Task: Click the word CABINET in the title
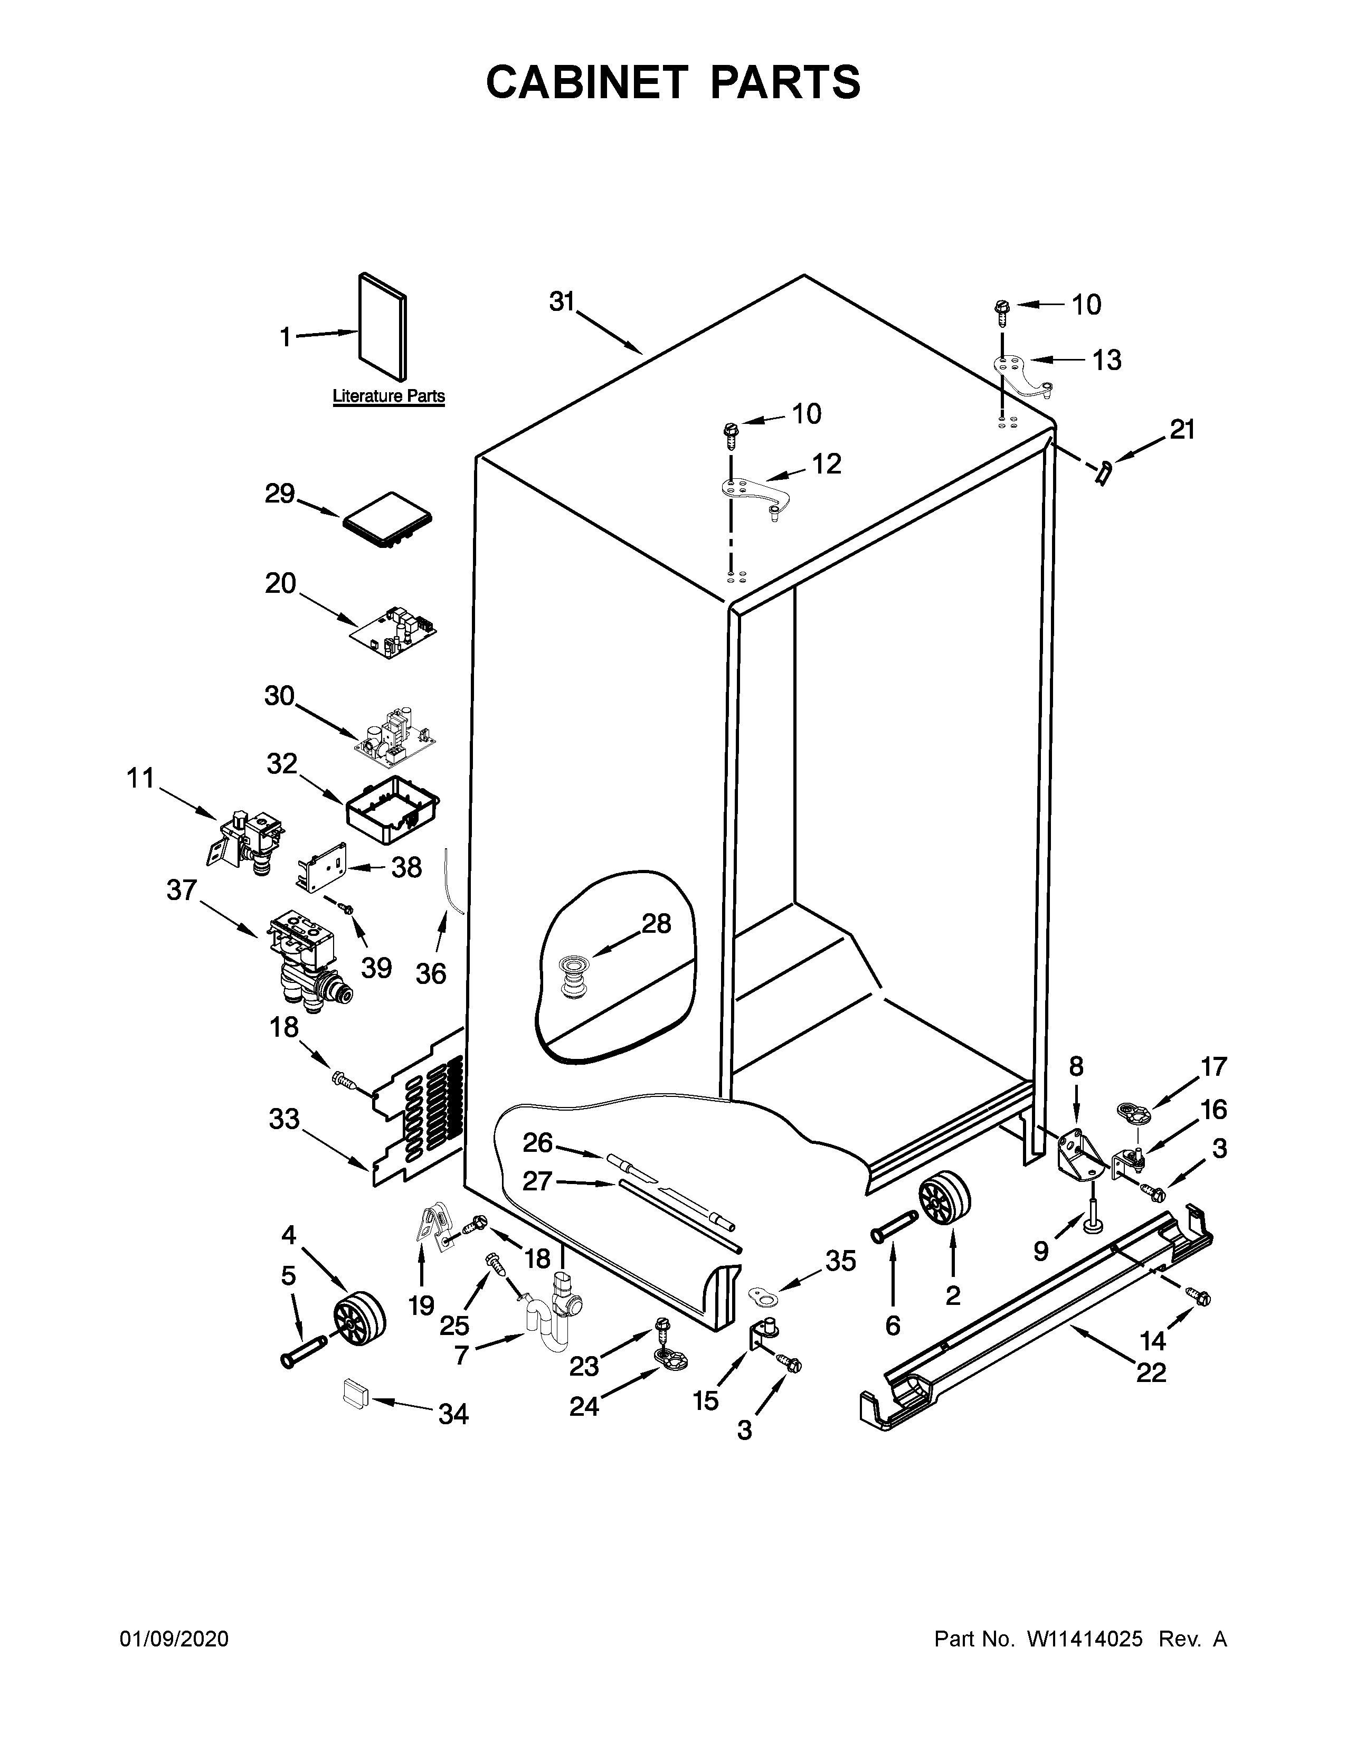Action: (x=587, y=82)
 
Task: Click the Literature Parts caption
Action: (x=388, y=395)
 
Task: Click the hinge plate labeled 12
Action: (x=754, y=496)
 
